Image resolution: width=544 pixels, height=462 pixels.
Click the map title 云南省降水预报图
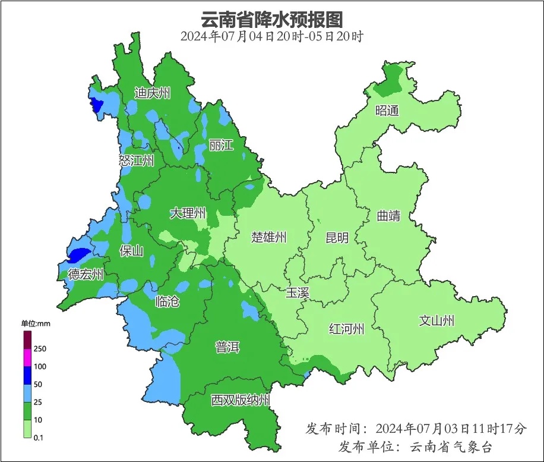pyautogui.click(x=272, y=19)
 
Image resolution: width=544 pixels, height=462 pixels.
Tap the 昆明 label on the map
pyautogui.click(x=337, y=238)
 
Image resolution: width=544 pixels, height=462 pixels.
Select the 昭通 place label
pyautogui.click(x=387, y=111)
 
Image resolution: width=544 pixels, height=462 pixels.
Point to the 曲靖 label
pyautogui.click(x=388, y=216)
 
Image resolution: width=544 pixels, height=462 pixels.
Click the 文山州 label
pyautogui.click(x=437, y=321)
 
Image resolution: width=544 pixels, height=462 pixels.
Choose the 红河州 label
pyautogui.click(x=347, y=329)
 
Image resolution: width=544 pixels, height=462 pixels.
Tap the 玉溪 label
pyautogui.click(x=298, y=293)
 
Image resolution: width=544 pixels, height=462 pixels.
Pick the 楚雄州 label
pyautogui.click(x=268, y=238)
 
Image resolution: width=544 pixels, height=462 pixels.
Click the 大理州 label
pyautogui.click(x=188, y=213)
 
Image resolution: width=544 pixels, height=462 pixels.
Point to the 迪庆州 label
pyautogui.click(x=152, y=93)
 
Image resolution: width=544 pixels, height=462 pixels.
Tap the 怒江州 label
pyautogui.click(x=136, y=161)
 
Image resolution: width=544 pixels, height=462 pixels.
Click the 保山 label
pyautogui.click(x=131, y=251)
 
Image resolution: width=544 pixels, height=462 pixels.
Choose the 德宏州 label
pyautogui.click(x=86, y=275)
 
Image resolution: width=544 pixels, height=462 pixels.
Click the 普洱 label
pyautogui.click(x=227, y=347)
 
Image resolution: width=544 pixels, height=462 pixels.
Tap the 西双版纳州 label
pyautogui.click(x=241, y=400)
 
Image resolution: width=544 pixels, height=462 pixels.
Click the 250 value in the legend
pyautogui.click(x=40, y=348)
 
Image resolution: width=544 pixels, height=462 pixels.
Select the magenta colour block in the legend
pyautogui.click(x=27, y=358)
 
